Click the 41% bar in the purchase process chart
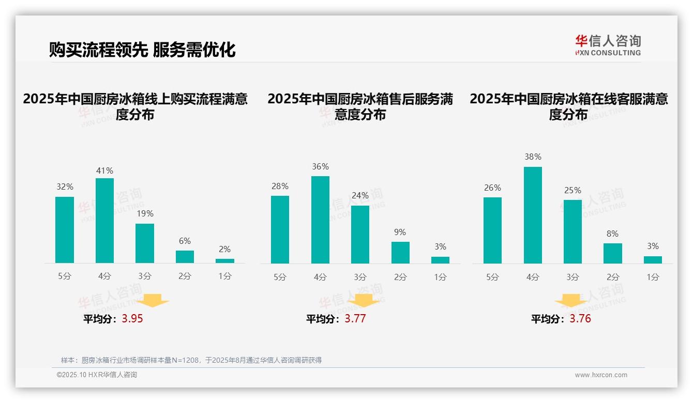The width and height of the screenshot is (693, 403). [104, 221]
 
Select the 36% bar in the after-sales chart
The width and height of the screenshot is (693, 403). [320, 220]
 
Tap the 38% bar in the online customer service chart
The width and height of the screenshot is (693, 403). [533, 215]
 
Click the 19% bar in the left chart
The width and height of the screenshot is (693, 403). [145, 243]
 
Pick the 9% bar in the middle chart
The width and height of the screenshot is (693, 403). [400, 253]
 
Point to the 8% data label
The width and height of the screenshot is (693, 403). [612, 234]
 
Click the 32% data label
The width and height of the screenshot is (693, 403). [65, 187]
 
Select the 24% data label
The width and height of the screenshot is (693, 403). [360, 195]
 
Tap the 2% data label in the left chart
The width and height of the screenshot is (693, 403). [224, 249]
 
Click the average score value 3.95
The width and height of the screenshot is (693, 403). [132, 319]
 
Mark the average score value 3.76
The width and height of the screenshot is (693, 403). [580, 319]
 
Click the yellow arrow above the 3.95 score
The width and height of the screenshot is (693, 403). [153, 300]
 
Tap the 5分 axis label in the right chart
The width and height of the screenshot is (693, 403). [492, 277]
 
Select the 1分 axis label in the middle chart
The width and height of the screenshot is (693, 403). [440, 277]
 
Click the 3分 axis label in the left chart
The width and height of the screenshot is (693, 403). [145, 276]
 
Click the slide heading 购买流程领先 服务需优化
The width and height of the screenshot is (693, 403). [142, 50]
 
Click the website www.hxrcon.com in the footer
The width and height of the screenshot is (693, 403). [601, 375]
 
